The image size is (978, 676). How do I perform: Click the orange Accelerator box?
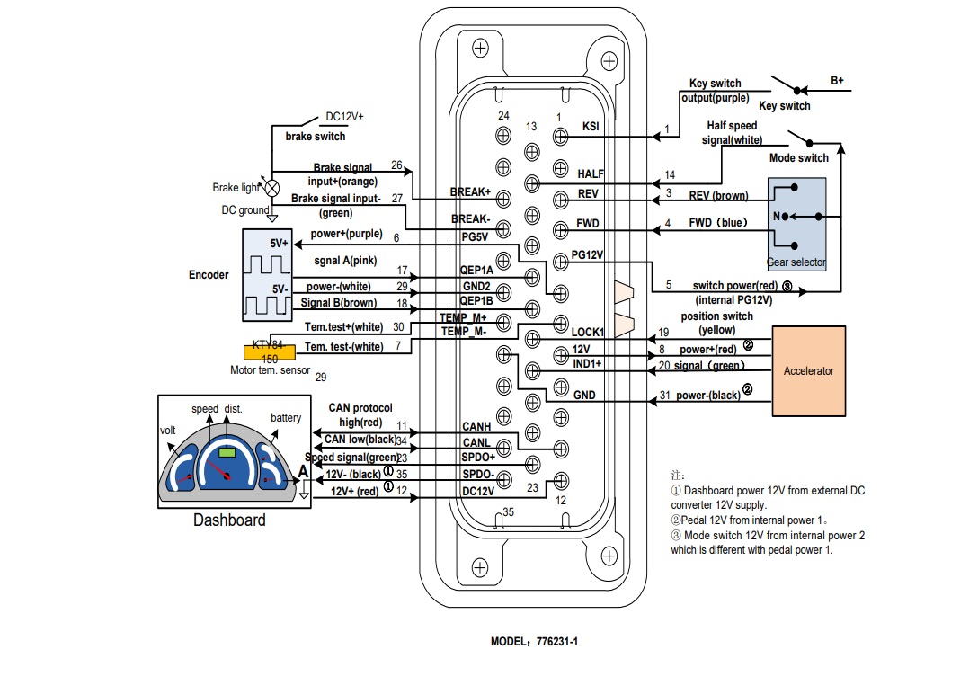tap(809, 370)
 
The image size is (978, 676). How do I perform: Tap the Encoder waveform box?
tap(268, 274)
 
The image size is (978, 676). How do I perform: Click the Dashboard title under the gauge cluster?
tap(229, 520)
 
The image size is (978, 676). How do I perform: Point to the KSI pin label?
tap(591, 126)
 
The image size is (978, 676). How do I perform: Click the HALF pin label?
tap(591, 174)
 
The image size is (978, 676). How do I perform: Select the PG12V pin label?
tap(587, 256)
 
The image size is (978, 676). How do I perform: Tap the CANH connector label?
tap(476, 426)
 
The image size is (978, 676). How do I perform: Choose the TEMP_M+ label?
tap(464, 318)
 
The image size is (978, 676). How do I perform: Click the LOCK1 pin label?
tap(588, 332)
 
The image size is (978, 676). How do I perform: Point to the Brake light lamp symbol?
tap(271, 188)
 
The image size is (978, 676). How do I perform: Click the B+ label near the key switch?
tap(837, 81)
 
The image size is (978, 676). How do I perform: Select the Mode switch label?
tap(798, 158)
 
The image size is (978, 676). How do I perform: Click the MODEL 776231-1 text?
tap(534, 643)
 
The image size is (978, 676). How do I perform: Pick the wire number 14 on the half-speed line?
tap(670, 174)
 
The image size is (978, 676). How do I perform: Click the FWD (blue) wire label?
tap(717, 222)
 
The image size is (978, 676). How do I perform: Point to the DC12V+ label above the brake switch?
tap(344, 116)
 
